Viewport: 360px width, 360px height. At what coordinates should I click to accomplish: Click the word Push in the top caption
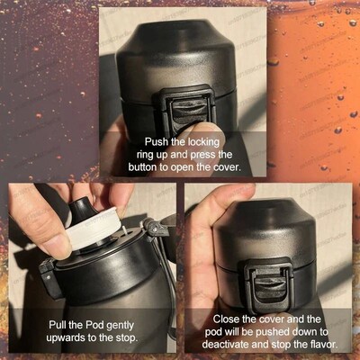158,142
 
